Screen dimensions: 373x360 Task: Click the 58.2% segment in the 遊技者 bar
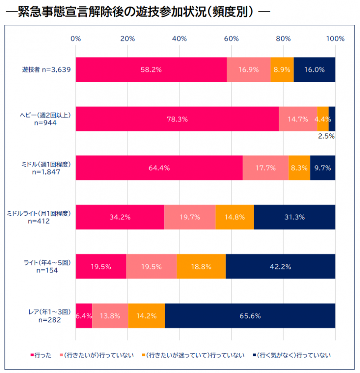(151, 70)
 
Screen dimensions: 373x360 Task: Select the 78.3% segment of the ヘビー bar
(177, 119)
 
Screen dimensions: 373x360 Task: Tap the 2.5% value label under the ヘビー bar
(326, 136)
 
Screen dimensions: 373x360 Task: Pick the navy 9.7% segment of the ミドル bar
(323, 168)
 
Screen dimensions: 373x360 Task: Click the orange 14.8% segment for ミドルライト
(234, 217)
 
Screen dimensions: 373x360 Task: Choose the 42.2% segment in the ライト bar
(280, 266)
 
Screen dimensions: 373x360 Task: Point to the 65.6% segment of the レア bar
(250, 316)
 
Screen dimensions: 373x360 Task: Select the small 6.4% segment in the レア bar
(84, 316)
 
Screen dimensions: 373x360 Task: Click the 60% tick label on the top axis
(231, 39)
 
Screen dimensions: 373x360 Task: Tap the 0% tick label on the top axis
(76, 39)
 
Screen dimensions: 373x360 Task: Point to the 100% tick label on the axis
(335, 39)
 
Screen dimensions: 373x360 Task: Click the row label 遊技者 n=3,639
(47, 70)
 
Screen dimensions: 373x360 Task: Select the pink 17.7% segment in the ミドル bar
(265, 168)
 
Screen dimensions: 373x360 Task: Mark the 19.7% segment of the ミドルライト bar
(189, 217)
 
